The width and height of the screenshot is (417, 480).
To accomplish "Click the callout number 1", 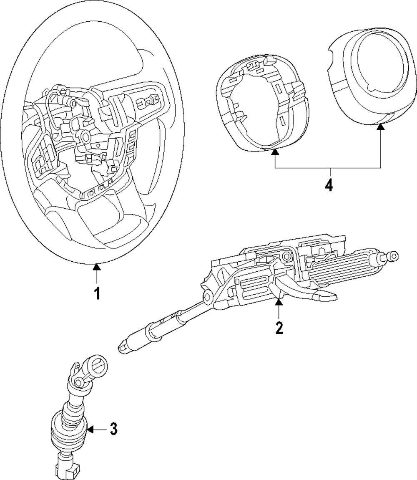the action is pos(97,293).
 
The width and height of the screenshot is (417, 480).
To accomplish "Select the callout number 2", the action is pos(279,327).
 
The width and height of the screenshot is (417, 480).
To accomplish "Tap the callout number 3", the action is pos(113,429).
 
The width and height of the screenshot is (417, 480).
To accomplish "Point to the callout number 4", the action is pos(329,184).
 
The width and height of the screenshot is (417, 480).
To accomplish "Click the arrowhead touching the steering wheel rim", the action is pos(97,267).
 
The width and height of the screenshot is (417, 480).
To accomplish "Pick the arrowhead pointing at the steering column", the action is pos(279,302).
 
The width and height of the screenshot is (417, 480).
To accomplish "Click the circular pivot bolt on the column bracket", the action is pos(286,256).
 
